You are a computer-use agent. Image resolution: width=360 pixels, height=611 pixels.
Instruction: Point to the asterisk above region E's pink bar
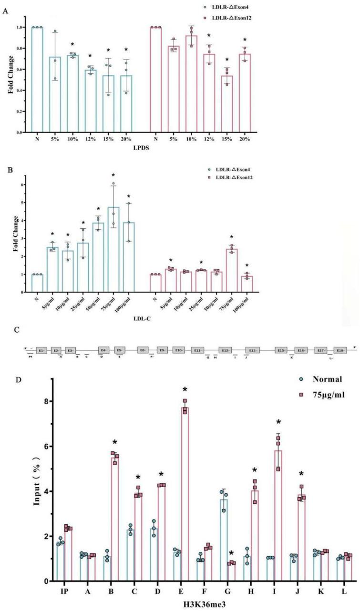pyautogui.click(x=185, y=390)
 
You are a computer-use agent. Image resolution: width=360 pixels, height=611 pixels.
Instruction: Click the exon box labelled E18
pyautogui.click(x=339, y=350)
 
